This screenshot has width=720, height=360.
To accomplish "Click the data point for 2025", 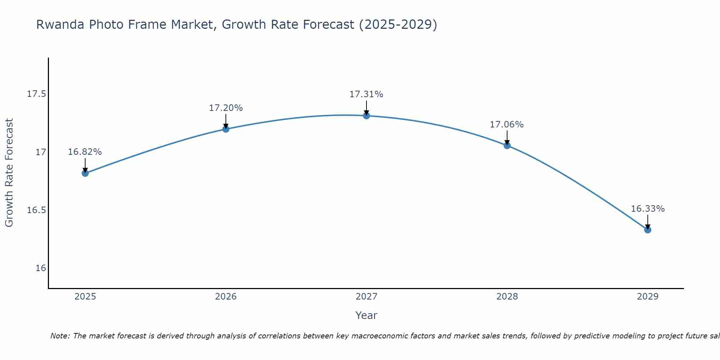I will [x=85, y=173].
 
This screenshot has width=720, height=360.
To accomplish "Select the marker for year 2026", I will [x=226, y=129].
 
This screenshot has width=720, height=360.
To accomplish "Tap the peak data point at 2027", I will [x=366, y=116].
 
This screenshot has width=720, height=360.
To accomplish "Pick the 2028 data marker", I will [x=507, y=145].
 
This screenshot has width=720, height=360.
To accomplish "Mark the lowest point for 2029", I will [x=648, y=230].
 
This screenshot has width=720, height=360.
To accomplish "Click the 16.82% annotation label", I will [x=85, y=152].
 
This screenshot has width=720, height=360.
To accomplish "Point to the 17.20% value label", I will [x=226, y=108].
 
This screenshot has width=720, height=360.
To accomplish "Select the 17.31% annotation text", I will [x=366, y=94].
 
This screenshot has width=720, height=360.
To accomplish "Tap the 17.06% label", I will [x=507, y=125].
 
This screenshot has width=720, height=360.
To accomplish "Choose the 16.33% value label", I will [x=648, y=209].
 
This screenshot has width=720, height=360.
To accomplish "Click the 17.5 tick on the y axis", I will [x=37, y=94].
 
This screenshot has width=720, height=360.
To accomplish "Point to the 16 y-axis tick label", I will [x=41, y=268].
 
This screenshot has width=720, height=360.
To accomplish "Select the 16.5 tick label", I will [x=37, y=210].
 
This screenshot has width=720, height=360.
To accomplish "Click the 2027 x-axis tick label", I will [x=366, y=297].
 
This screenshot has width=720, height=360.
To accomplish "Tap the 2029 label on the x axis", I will [x=648, y=297].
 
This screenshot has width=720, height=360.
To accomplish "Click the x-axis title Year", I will [x=366, y=315].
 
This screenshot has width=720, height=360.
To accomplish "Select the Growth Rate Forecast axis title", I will [x=9, y=173].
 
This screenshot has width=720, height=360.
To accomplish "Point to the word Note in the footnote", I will [x=60, y=336].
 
